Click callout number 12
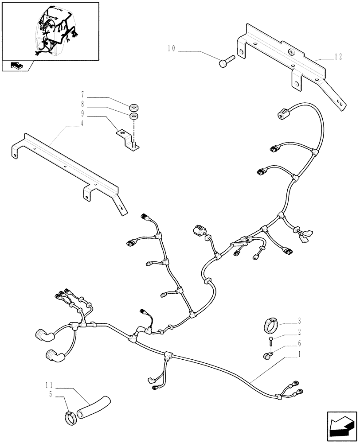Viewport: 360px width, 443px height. [x=338, y=57]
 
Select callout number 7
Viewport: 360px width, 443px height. [x=82, y=95]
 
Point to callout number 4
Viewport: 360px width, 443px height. [x=82, y=125]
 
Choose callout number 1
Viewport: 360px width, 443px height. [x=300, y=354]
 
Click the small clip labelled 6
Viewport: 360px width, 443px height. [x=267, y=354]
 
